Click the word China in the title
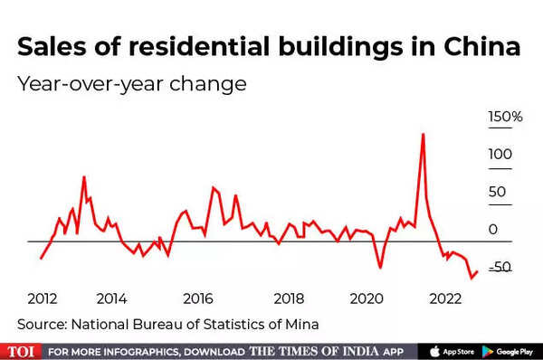[483, 48]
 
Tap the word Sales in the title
[53, 48]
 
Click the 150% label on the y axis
[505, 118]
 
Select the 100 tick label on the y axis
[500, 155]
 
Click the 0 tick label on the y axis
[493, 230]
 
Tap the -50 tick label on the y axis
[500, 267]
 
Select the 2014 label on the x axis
[111, 298]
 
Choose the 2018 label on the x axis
[288, 298]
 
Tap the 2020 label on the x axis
[367, 298]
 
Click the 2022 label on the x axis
[446, 298]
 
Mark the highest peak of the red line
[423, 134]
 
